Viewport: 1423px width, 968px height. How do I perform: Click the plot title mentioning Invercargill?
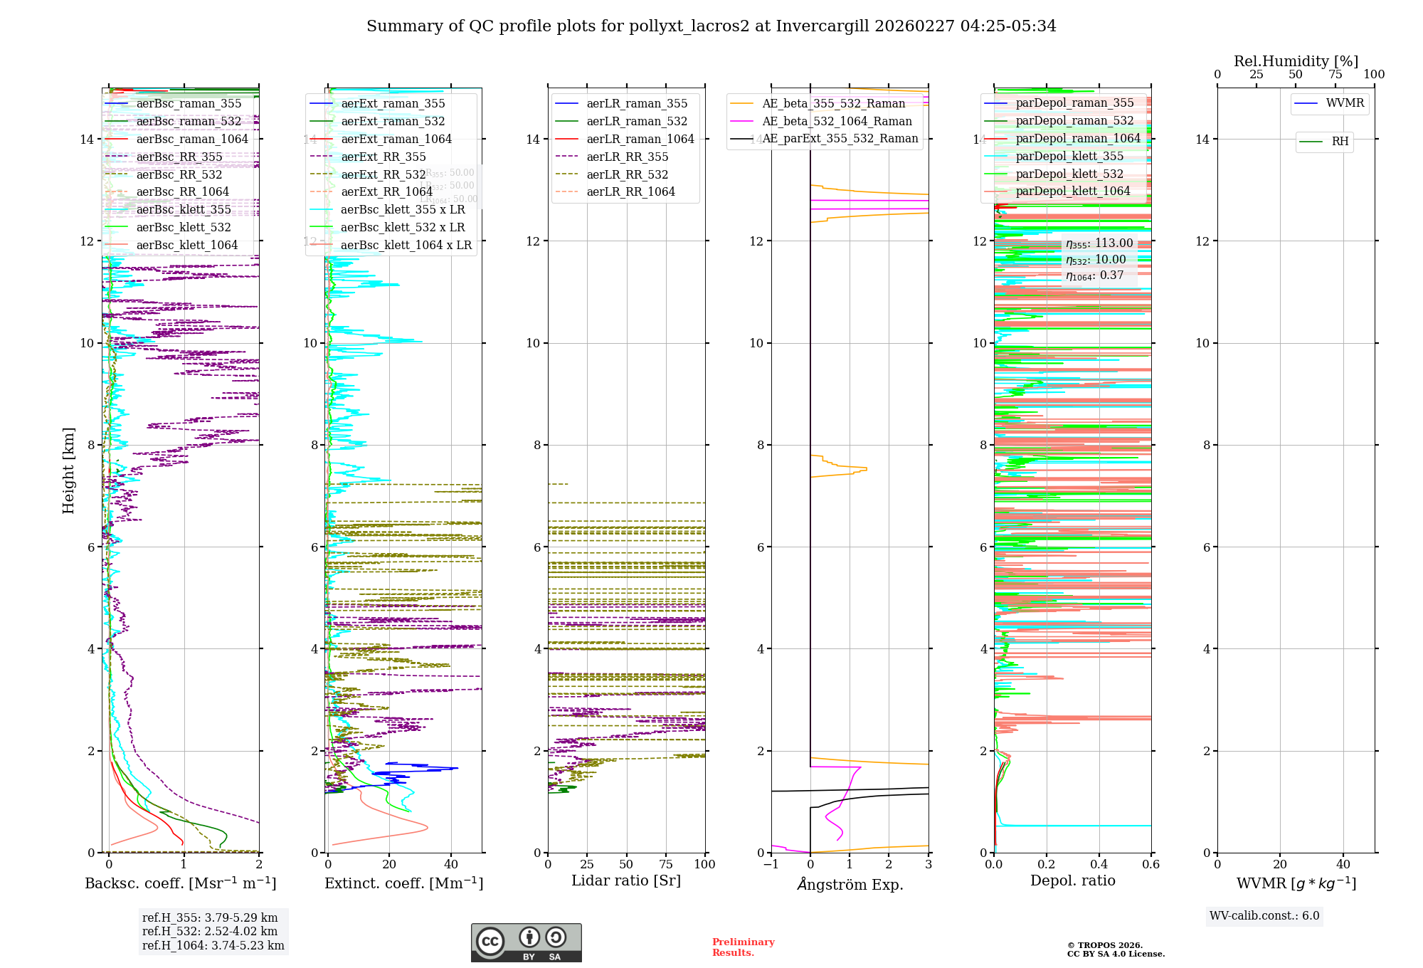[x=711, y=26]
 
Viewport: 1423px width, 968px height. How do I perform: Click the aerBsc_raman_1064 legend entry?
[x=192, y=139]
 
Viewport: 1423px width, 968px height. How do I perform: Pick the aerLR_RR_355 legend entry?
[x=627, y=157]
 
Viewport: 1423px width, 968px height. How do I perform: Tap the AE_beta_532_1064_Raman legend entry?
[x=837, y=121]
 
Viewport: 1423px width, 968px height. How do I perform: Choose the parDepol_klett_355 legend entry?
[x=1069, y=156]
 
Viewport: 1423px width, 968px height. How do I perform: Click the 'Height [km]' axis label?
[x=68, y=470]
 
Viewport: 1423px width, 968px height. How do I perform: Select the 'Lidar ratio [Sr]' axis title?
[x=626, y=880]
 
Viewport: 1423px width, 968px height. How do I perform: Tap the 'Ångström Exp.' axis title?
[x=850, y=884]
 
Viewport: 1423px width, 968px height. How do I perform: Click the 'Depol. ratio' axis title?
[x=1072, y=880]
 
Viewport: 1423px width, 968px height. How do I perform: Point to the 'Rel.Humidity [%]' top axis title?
[x=1296, y=61]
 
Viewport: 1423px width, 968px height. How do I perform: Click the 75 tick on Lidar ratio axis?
[x=666, y=864]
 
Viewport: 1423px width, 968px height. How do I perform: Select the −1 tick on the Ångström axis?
[x=771, y=864]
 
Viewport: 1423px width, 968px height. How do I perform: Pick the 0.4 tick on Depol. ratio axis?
[x=1099, y=864]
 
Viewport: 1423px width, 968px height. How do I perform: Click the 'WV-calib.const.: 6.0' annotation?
[x=1264, y=916]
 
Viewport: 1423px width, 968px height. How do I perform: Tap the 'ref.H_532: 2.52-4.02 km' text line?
[x=210, y=931]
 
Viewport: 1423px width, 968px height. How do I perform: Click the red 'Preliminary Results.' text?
[x=743, y=947]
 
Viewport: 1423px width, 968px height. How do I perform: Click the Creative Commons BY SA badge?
[x=526, y=942]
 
